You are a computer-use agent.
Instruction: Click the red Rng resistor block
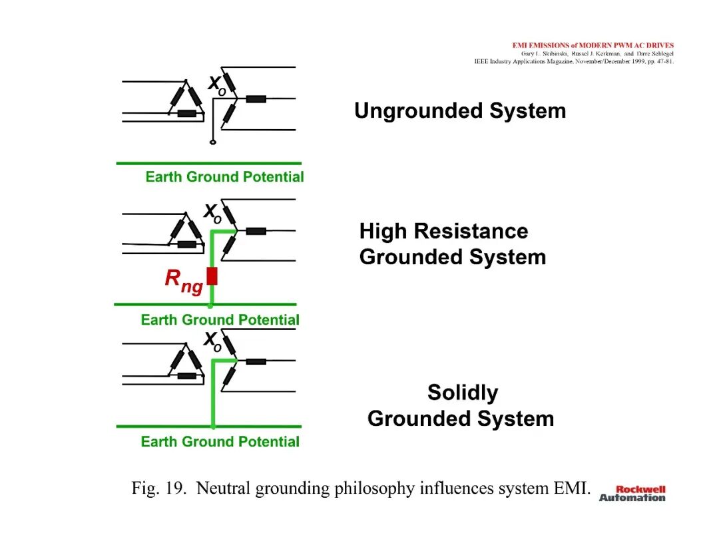click(x=212, y=276)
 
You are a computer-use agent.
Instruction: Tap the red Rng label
click(x=184, y=280)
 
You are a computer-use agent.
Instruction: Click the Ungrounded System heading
click(x=460, y=111)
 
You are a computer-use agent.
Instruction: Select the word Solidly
click(x=463, y=393)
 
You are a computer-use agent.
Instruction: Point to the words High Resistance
click(x=443, y=231)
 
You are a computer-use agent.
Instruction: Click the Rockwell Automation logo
click(x=632, y=494)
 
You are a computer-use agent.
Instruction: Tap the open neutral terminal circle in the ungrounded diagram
click(x=213, y=142)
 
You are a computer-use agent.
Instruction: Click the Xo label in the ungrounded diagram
click(x=217, y=86)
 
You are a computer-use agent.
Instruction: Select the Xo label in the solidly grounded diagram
click(x=212, y=341)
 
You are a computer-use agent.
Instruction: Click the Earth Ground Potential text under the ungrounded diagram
click(x=225, y=177)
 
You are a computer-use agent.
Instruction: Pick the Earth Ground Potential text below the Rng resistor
click(x=220, y=319)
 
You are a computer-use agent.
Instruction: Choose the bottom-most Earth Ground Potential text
click(x=220, y=441)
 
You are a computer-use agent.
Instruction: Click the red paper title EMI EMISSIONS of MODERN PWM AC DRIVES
click(x=593, y=45)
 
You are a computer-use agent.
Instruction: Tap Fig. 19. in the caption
click(x=158, y=488)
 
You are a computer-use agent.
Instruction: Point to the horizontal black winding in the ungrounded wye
click(x=256, y=98)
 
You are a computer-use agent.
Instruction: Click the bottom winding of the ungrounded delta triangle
click(x=186, y=113)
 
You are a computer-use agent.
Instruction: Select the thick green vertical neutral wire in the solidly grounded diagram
click(x=213, y=393)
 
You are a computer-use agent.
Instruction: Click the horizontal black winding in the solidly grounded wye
click(x=256, y=361)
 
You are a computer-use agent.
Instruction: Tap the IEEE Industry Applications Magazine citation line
click(x=574, y=61)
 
